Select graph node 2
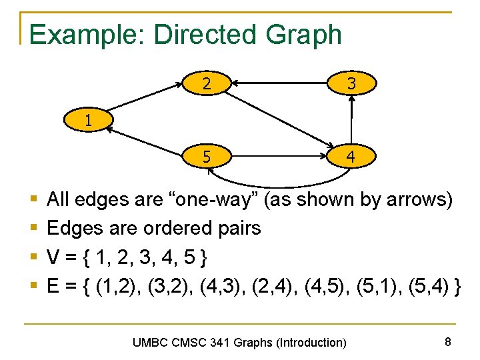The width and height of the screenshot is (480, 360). click(207, 84)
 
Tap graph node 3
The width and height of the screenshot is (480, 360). click(351, 84)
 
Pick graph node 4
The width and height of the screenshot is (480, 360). click(351, 158)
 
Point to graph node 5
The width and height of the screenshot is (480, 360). click(207, 158)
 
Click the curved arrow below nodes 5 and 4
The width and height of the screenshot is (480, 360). click(280, 183)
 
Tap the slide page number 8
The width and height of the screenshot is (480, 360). click(448, 342)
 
